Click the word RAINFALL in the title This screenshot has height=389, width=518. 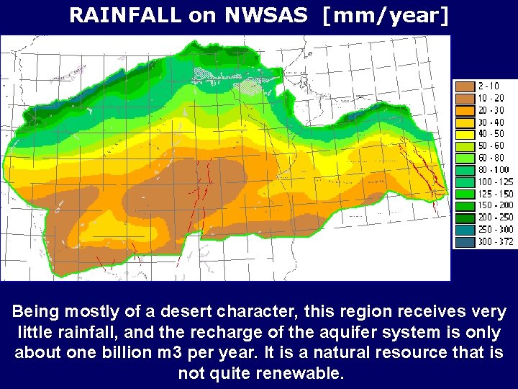[124, 16]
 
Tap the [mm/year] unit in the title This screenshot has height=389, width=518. [385, 16]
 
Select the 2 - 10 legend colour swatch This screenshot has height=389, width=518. [465, 86]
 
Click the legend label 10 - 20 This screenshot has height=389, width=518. [496, 97]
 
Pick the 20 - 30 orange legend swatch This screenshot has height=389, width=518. [465, 110]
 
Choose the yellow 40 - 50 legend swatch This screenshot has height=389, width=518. [465, 134]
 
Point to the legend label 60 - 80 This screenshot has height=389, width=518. [496, 157]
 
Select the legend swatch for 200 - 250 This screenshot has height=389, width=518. [465, 218]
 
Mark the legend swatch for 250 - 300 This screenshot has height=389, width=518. [465, 230]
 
